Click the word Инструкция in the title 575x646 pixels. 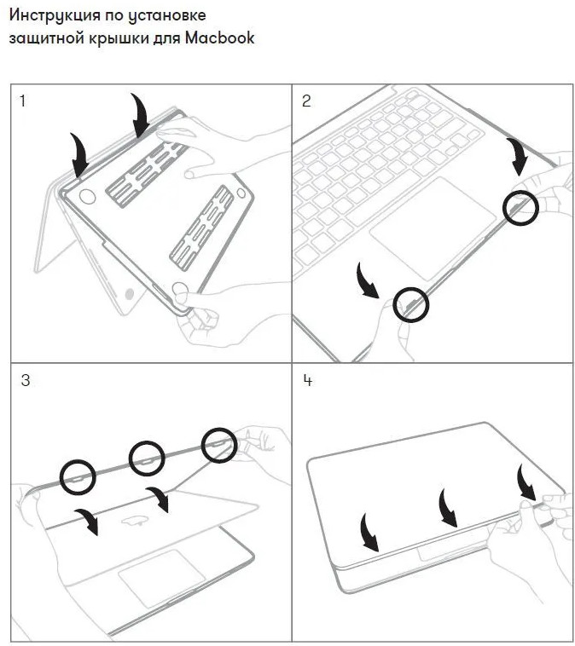click(52, 15)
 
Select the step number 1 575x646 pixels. click(22, 101)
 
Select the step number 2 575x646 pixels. click(306, 101)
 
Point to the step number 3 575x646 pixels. click(25, 380)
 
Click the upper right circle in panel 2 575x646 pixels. click(520, 207)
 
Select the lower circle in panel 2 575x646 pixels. click(411, 303)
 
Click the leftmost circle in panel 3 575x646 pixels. click(77, 476)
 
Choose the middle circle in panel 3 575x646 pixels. click(147, 459)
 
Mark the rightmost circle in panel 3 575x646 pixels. click(218, 445)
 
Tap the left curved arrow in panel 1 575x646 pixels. click(80, 153)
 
